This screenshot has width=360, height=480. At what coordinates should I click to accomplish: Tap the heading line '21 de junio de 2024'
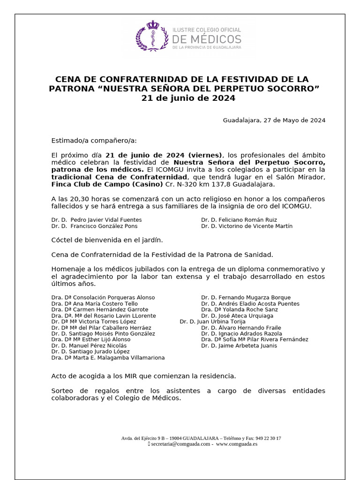point(188,98)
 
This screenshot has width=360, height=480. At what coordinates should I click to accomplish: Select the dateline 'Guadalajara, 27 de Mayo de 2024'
point(274,120)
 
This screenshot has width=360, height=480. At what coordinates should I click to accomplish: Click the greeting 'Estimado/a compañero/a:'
point(95,141)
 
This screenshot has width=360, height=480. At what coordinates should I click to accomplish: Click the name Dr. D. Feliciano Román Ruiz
point(239,219)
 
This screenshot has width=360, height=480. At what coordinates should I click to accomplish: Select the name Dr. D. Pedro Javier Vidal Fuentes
point(97,219)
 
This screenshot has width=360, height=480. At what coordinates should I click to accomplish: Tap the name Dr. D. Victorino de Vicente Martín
point(247,226)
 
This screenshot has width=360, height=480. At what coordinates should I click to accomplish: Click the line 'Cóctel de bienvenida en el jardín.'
point(107,240)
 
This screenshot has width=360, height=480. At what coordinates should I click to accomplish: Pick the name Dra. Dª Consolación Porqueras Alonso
point(103,297)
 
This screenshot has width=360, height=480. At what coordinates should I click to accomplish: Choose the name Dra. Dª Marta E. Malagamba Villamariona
point(108,358)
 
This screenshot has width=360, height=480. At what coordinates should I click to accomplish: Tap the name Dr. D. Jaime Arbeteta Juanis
point(239,345)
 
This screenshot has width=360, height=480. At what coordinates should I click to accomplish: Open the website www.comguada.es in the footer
point(237,444)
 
